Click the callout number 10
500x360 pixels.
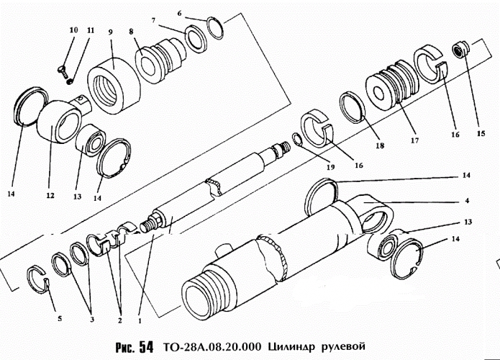[73, 30]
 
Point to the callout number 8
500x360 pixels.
[131, 32]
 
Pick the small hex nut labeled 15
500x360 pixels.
[458, 50]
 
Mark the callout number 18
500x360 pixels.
[379, 145]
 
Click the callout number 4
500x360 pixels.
[467, 199]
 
